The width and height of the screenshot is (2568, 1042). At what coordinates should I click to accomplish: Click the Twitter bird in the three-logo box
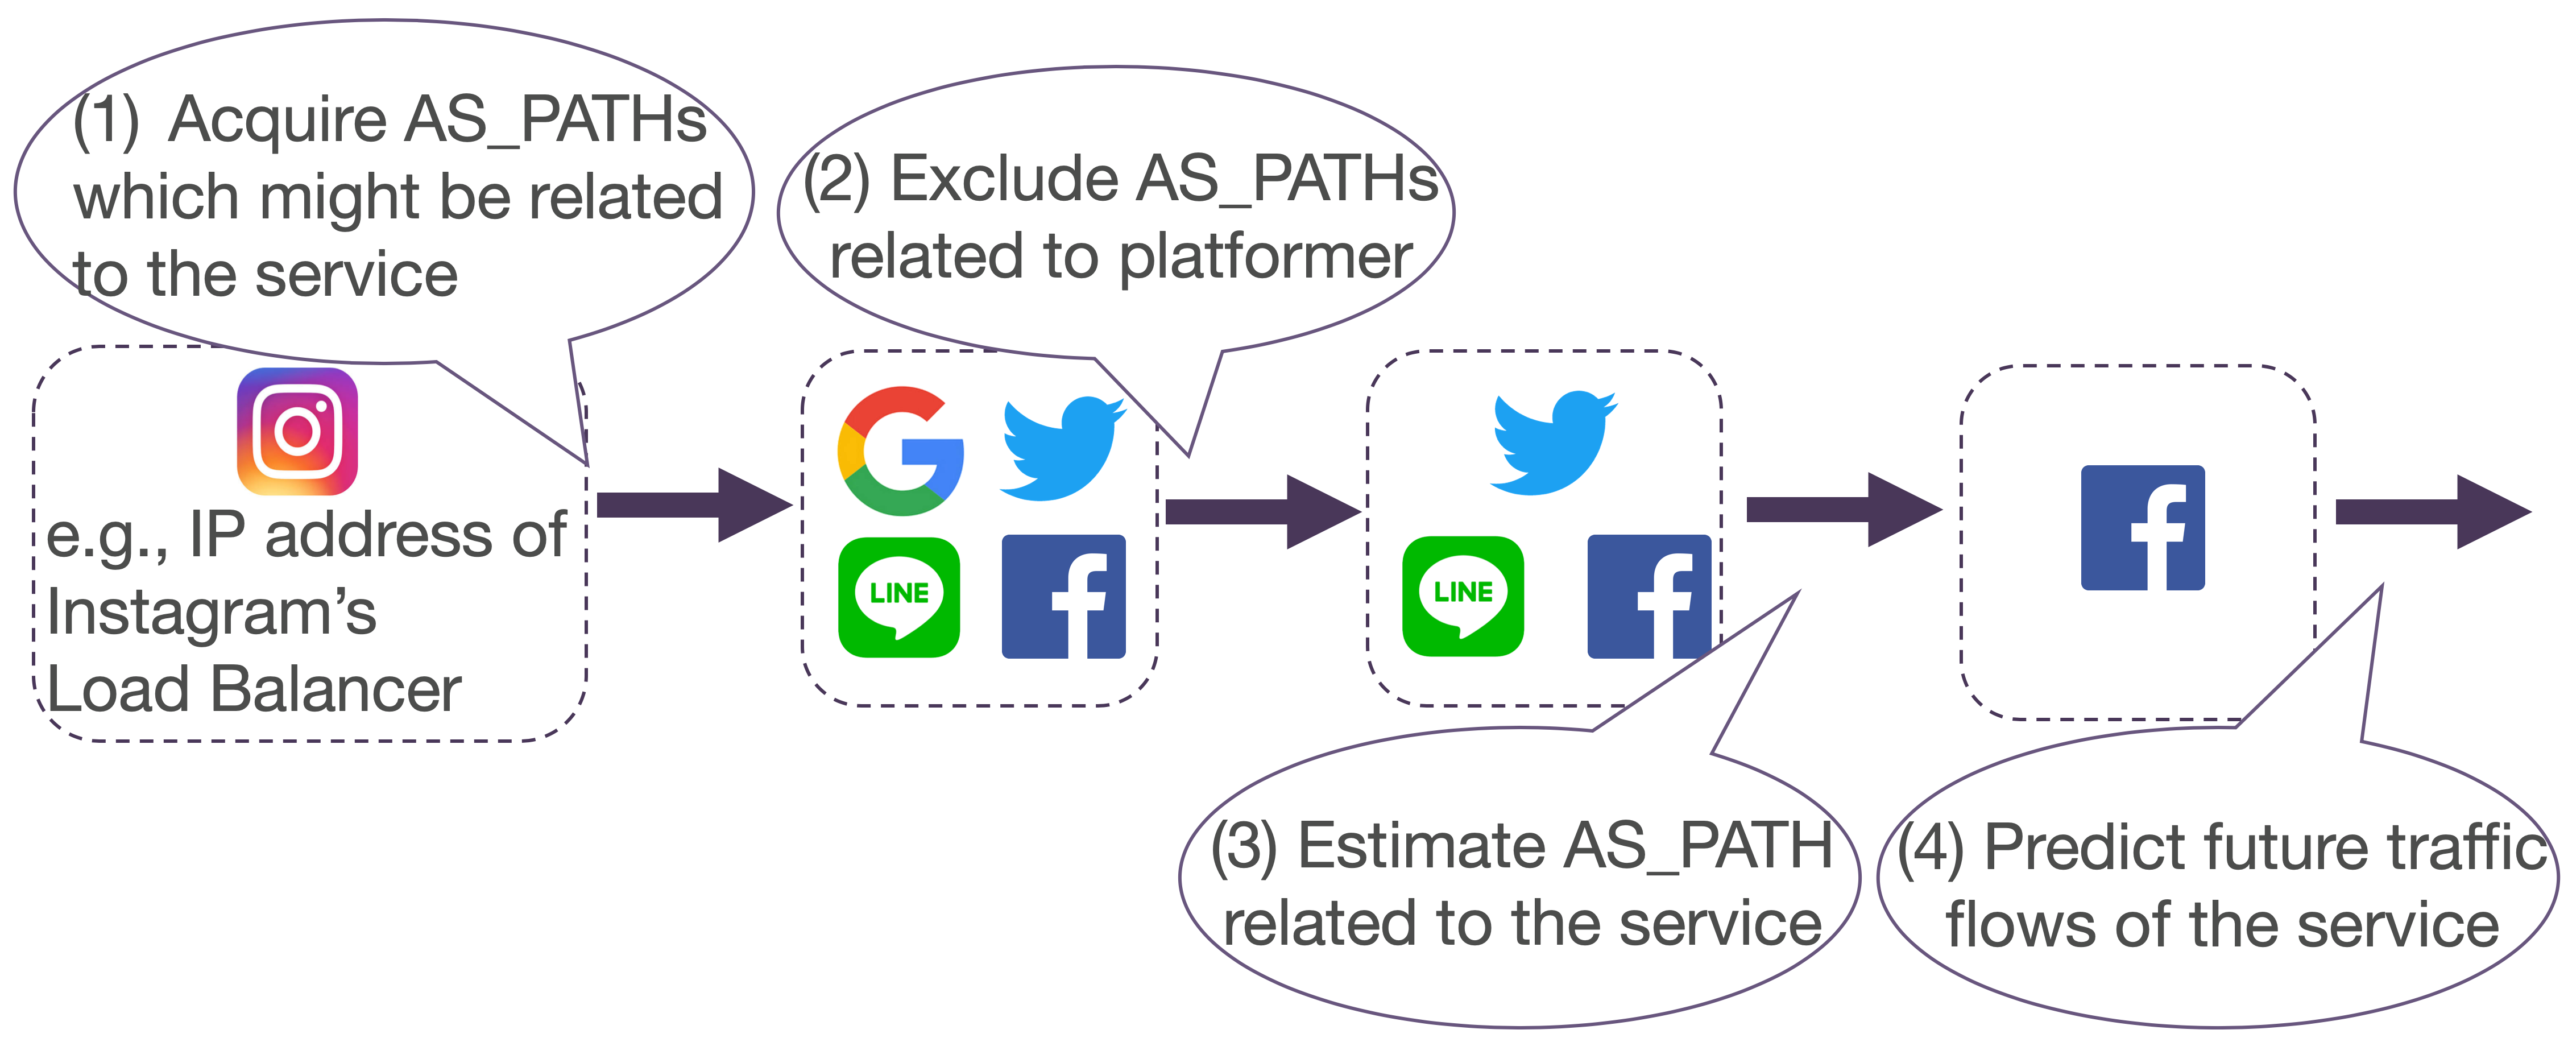click(x=1552, y=443)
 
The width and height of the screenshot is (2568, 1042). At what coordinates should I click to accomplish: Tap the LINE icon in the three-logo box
click(x=1463, y=596)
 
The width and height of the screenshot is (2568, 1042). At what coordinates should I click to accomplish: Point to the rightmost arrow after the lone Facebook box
click(x=2433, y=511)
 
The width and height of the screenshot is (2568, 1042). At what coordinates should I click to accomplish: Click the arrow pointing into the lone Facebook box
click(x=1844, y=510)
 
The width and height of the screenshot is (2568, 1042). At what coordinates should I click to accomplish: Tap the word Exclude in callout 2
click(x=1004, y=180)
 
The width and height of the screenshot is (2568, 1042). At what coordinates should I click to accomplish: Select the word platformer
click(x=1265, y=257)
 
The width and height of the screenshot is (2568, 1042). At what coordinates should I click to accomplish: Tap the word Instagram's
click(x=212, y=612)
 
